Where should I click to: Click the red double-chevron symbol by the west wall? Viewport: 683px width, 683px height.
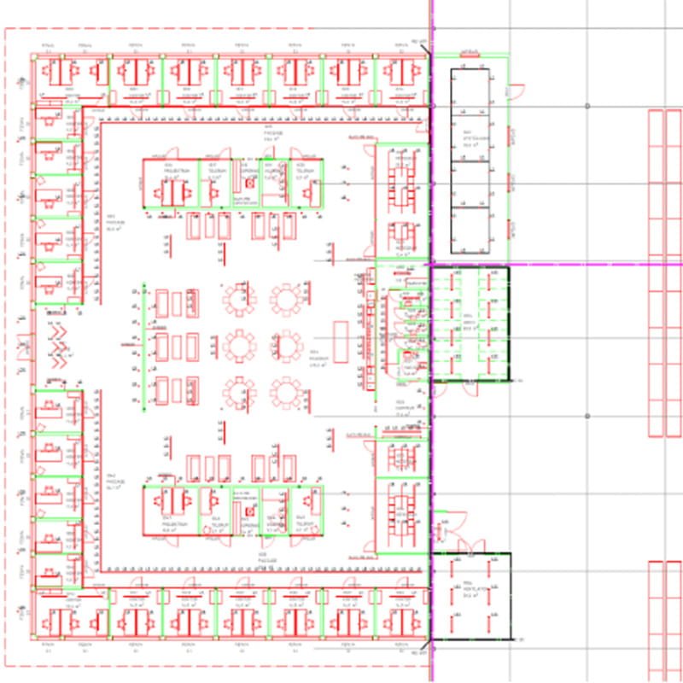tap(58, 346)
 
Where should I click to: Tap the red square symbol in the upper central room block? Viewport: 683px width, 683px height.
tap(249, 183)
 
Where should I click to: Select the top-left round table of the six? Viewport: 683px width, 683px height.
tap(238, 300)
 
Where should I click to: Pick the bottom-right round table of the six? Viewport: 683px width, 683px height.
tap(286, 394)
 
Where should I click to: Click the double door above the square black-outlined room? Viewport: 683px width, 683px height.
tap(472, 544)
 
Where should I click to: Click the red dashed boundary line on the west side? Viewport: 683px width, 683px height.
tap(6, 341)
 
